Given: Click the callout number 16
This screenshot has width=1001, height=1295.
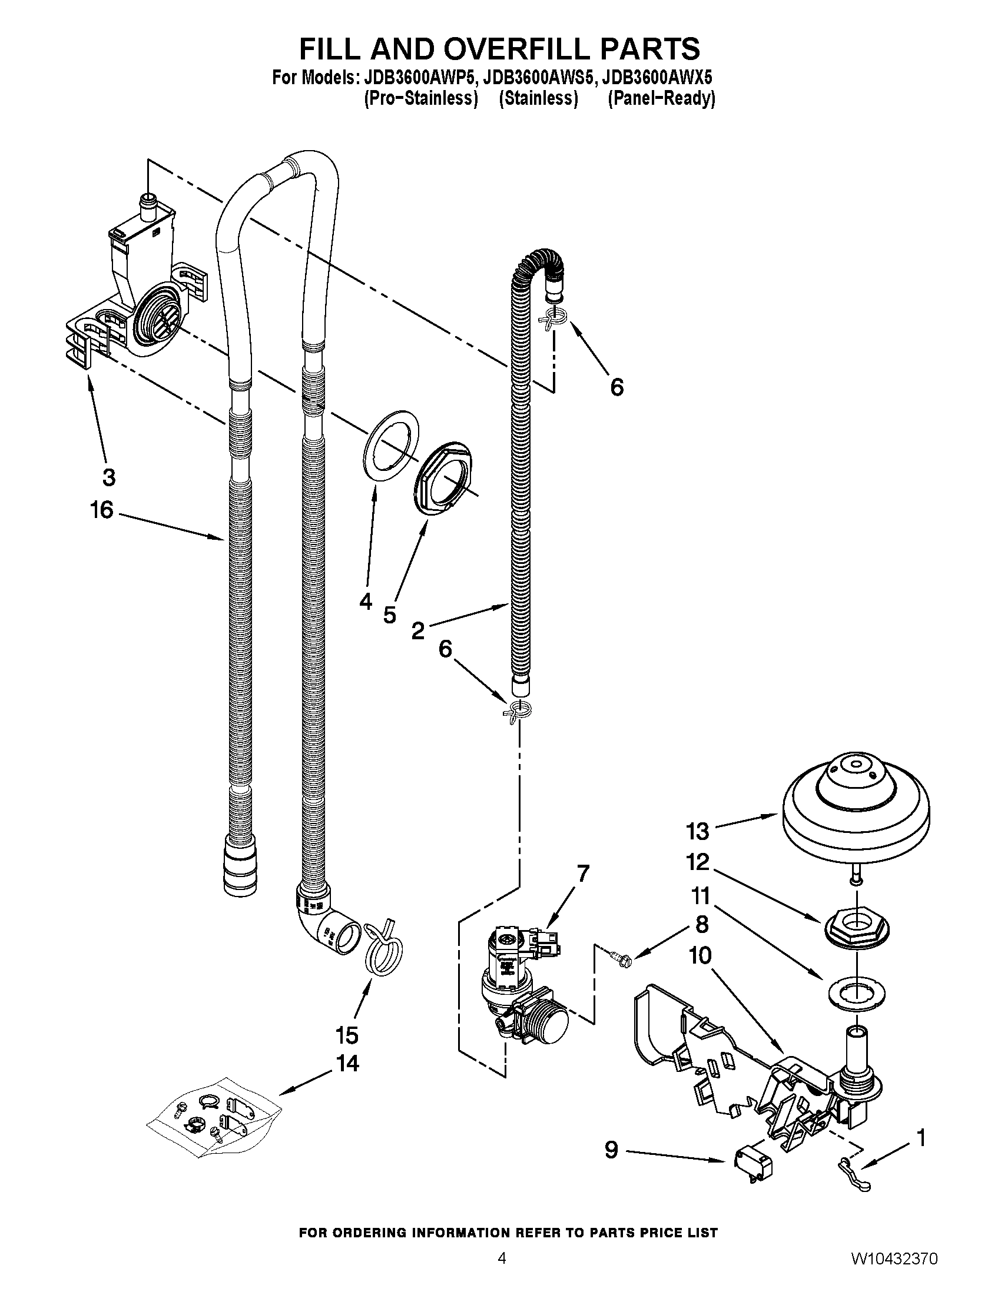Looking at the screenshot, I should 101,510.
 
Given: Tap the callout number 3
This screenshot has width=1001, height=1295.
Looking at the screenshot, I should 108,476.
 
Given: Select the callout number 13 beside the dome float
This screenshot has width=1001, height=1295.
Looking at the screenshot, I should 697,831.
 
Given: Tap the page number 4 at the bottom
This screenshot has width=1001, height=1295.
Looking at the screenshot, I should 502,1270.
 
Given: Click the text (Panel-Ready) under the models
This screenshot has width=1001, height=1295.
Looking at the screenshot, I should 661,98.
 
